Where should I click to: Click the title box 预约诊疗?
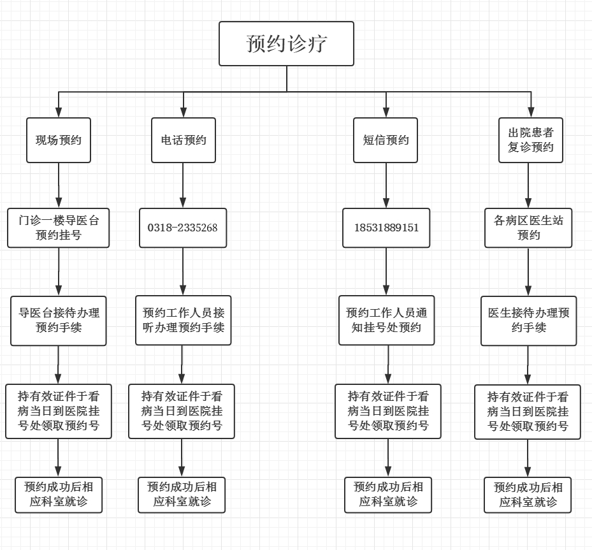(286, 44)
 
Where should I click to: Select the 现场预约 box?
(59, 140)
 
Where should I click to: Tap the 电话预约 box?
(184, 140)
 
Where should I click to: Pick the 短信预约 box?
(386, 140)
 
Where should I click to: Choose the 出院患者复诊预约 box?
(531, 140)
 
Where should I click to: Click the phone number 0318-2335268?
(183, 228)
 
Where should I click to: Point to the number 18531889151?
(386, 228)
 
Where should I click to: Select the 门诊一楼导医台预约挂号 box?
(59, 228)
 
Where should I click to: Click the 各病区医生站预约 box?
(528, 228)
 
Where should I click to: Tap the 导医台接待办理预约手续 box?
(59, 321)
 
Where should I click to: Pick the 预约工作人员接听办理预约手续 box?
(184, 321)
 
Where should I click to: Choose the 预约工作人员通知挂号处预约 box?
(386, 321)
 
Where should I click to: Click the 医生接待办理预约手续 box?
(528, 321)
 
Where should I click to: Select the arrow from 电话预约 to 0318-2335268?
(184, 185)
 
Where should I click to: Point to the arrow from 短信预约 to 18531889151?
(386, 185)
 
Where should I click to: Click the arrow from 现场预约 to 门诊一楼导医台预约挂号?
(59, 185)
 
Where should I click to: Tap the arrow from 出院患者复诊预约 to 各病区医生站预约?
(528, 185)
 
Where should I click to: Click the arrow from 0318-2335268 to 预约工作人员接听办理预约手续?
(184, 271)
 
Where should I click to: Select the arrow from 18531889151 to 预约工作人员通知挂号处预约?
(386, 271)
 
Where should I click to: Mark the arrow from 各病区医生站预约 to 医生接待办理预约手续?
(528, 271)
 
